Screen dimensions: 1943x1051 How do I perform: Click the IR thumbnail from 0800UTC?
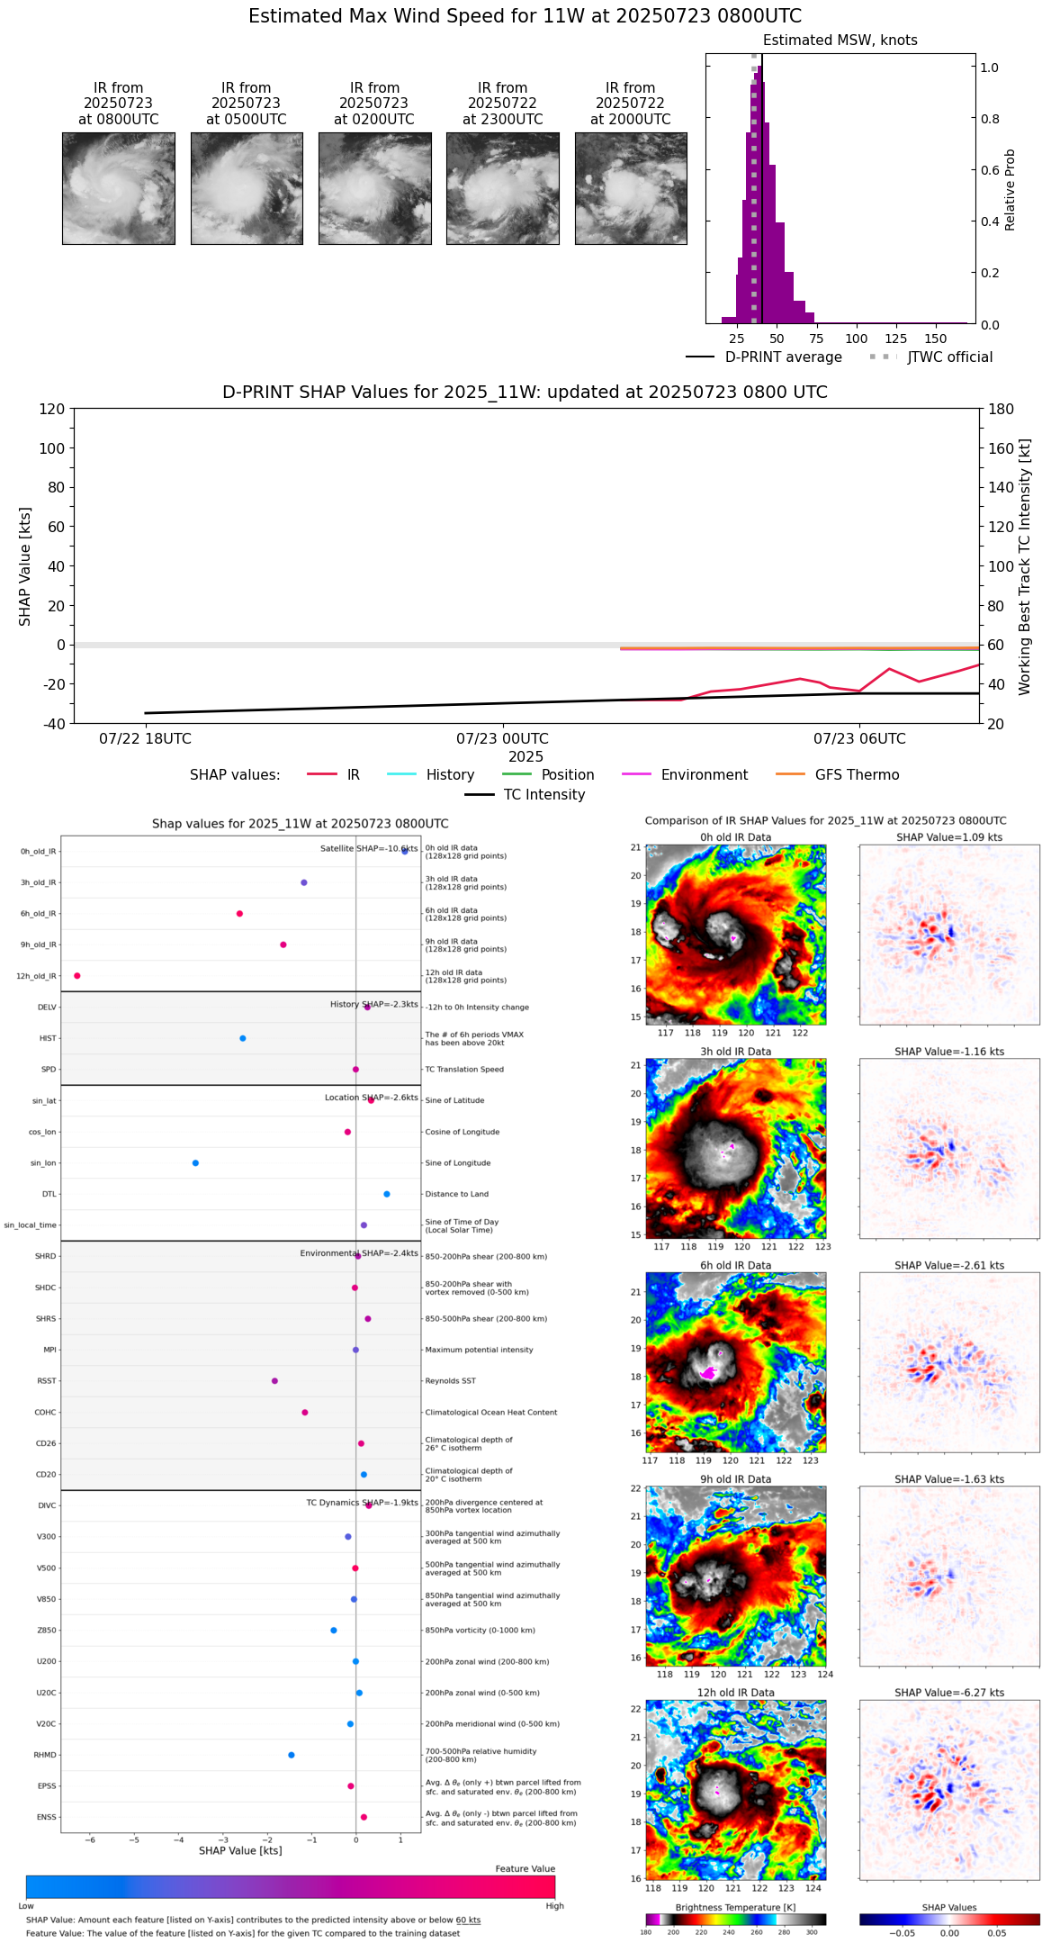coord(118,188)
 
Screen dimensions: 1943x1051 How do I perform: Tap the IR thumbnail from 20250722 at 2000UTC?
coord(631,188)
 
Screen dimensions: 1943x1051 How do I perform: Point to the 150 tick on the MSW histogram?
coord(936,339)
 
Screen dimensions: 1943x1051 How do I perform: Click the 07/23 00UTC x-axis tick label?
coord(502,739)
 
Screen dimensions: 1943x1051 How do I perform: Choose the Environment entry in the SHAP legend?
coord(704,775)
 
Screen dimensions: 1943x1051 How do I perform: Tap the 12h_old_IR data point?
coord(77,976)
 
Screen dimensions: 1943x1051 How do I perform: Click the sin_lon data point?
coord(195,1163)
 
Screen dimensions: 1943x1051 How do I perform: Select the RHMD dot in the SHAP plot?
coord(292,1755)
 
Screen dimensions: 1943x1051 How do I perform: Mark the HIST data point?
coord(243,1038)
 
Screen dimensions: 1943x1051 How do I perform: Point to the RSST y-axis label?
coord(46,1381)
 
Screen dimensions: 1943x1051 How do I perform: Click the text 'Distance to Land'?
coord(457,1194)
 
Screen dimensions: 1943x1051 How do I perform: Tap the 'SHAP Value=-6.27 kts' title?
coord(949,1693)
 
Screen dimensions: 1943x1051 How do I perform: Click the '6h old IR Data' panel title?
coord(735,1265)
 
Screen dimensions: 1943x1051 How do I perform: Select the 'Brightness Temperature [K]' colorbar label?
coord(735,1907)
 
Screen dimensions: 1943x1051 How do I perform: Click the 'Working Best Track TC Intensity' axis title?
coord(1025,567)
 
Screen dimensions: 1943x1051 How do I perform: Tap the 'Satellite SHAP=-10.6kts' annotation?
coord(369,849)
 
